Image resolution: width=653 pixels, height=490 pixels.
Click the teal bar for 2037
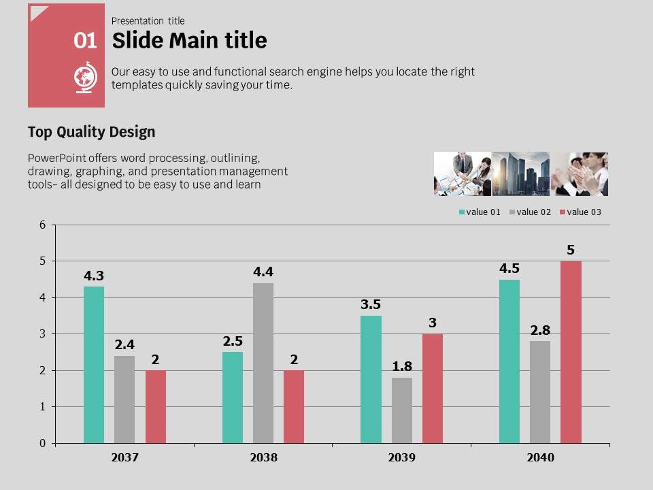click(x=94, y=365)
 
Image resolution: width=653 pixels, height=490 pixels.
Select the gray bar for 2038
click(x=263, y=363)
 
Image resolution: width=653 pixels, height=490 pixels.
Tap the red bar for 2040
click(x=571, y=352)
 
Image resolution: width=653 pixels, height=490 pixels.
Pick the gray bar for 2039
click(x=402, y=410)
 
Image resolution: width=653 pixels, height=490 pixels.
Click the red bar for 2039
click(x=433, y=388)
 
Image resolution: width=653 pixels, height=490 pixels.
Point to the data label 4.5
click(x=509, y=269)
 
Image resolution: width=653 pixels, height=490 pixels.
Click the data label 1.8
click(x=402, y=367)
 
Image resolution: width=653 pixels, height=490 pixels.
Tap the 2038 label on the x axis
click(x=263, y=458)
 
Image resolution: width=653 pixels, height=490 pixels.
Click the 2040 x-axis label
click(x=540, y=458)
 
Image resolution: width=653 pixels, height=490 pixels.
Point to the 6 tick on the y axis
click(x=43, y=225)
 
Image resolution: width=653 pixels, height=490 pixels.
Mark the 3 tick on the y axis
click(x=43, y=334)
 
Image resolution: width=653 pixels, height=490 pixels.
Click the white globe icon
click(x=86, y=78)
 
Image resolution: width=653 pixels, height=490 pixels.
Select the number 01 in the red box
click(x=86, y=41)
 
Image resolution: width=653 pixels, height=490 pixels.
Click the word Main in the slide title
click(x=199, y=41)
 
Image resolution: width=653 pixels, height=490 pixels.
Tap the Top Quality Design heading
click(x=91, y=132)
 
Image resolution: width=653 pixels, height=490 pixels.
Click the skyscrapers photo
click(x=521, y=174)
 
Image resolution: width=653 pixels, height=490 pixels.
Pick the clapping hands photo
click(x=580, y=174)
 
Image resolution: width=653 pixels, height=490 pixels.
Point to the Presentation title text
click(x=148, y=21)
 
